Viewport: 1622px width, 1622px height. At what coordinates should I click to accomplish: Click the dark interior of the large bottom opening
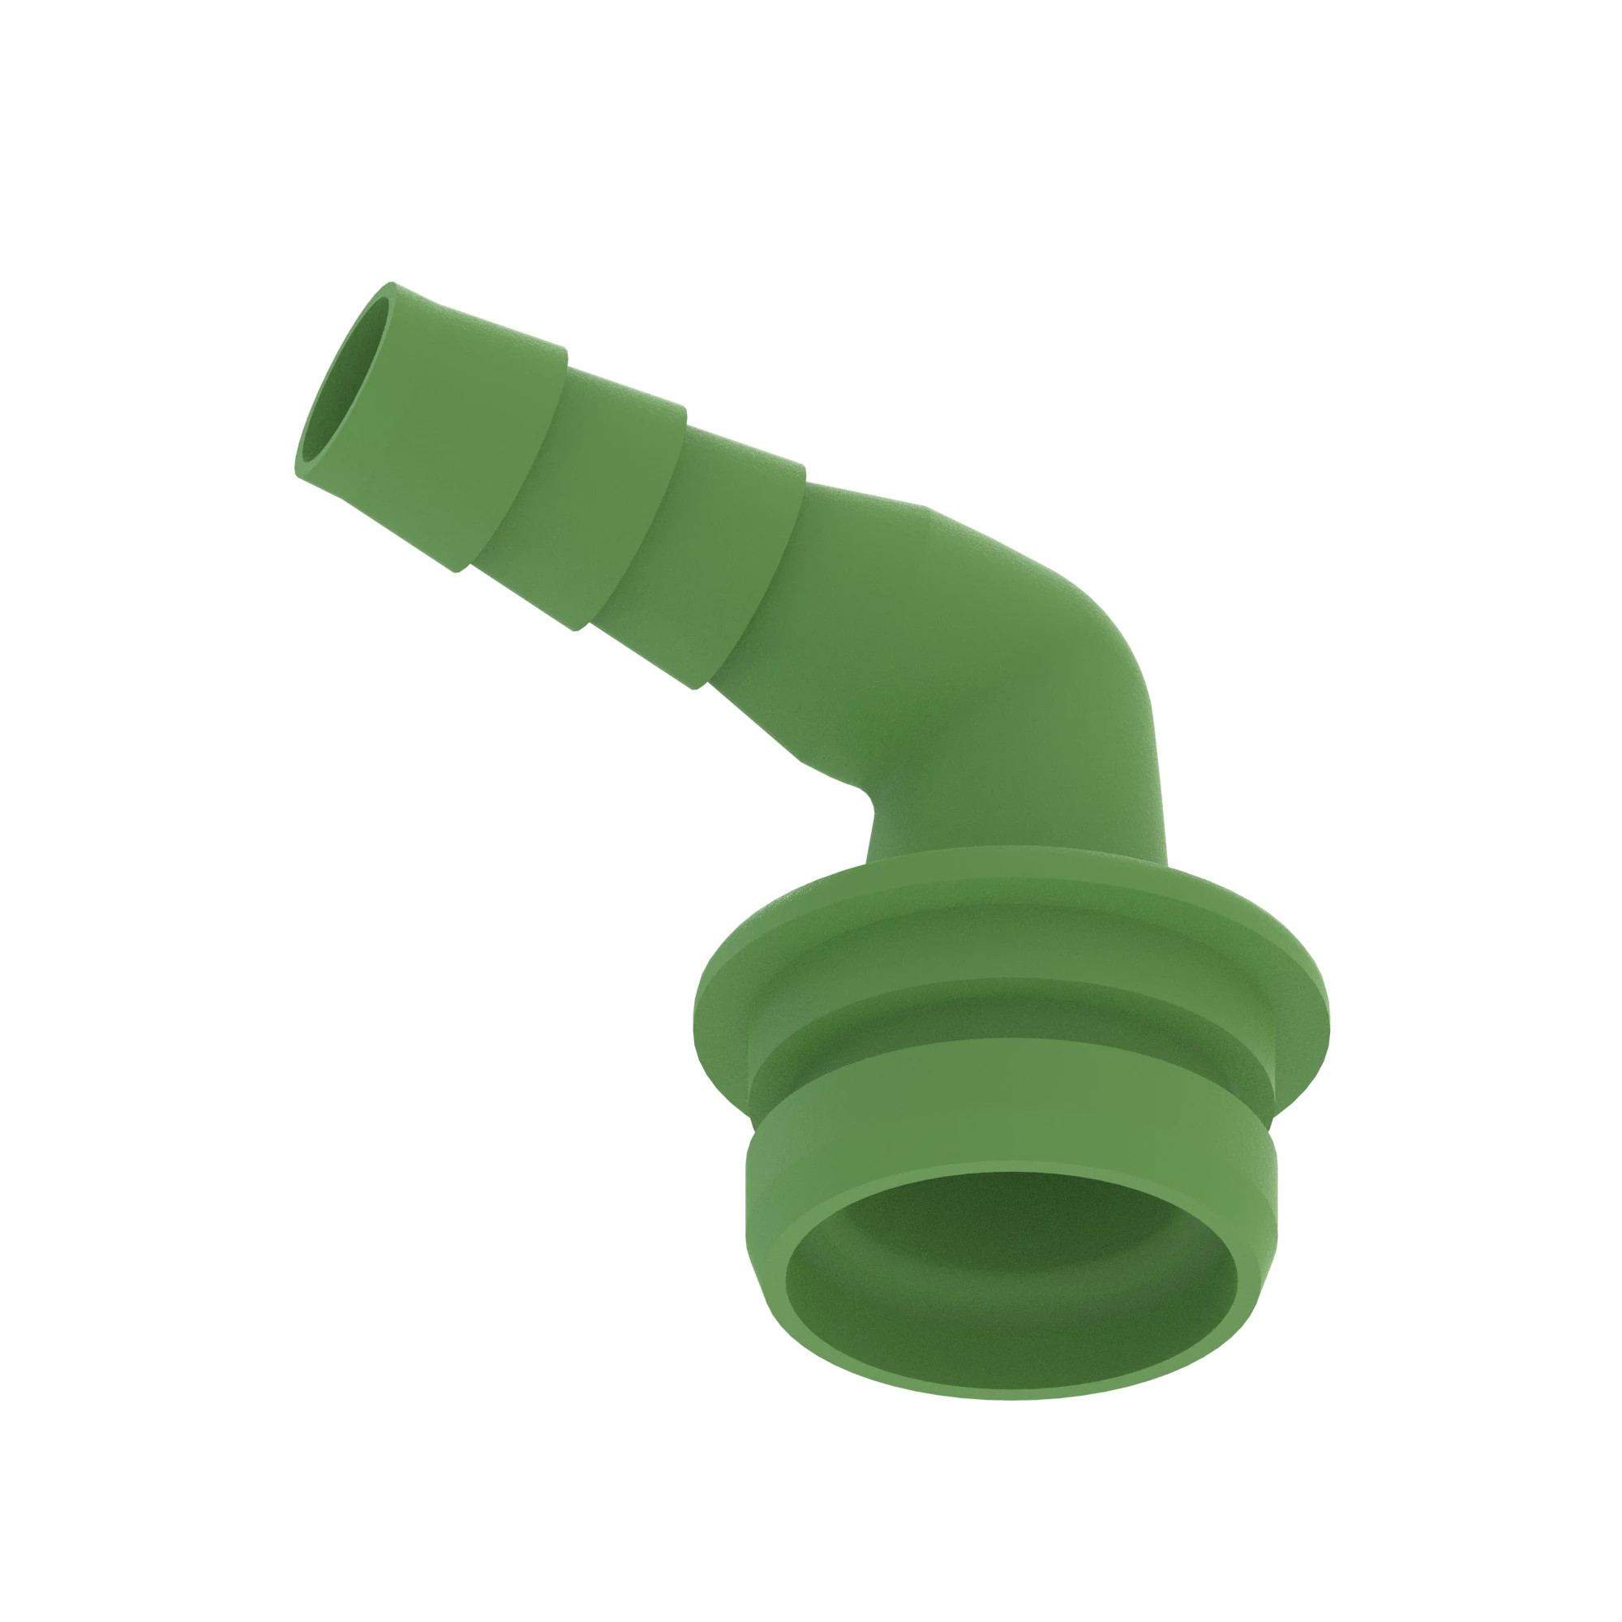click(x=1007, y=1310)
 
